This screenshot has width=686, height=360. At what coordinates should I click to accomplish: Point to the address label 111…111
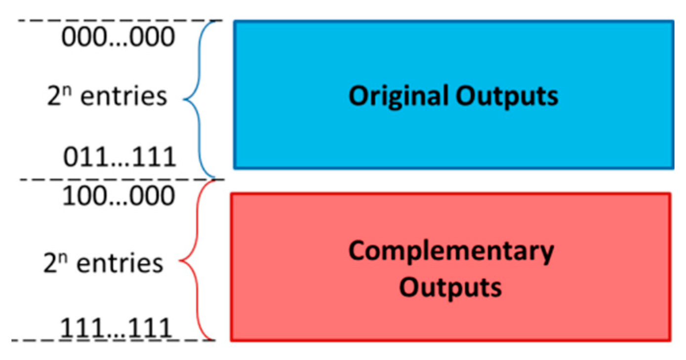tap(117, 328)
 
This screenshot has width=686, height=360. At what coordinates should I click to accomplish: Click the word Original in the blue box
tap(398, 96)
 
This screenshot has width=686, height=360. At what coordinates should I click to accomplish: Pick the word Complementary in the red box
tap(451, 251)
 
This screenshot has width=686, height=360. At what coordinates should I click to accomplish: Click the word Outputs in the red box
tap(450, 287)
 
